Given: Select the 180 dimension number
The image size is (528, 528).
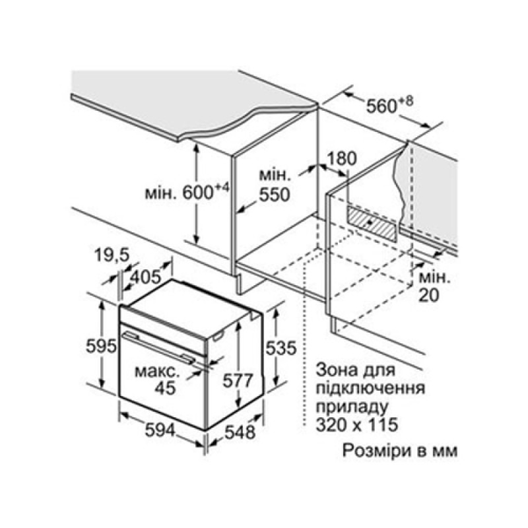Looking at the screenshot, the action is point(341,159).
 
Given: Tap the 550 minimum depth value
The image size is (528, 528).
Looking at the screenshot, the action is point(275,195).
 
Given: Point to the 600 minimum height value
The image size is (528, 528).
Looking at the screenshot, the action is point(197,193).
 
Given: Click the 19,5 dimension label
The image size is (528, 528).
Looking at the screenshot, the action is point(112,255).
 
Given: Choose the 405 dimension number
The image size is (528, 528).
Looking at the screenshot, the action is point(145,277).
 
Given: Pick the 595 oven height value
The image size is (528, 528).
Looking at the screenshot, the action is point(101,346).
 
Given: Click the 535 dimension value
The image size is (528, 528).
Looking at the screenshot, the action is point(281,348).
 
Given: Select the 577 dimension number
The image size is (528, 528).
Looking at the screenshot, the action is point(238,381).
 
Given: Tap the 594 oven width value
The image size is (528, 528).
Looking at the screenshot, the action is point(160,431).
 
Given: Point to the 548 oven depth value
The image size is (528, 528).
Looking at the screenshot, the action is point(240,432).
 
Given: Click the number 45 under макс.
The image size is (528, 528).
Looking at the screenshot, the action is point(166,388).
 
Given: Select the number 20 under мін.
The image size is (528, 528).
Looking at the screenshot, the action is point(429,295).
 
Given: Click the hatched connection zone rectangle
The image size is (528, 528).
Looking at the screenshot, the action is point(372,224).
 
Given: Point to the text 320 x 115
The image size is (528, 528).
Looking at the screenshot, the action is point(357,424).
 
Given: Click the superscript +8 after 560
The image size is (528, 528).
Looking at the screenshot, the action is point(407,102).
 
